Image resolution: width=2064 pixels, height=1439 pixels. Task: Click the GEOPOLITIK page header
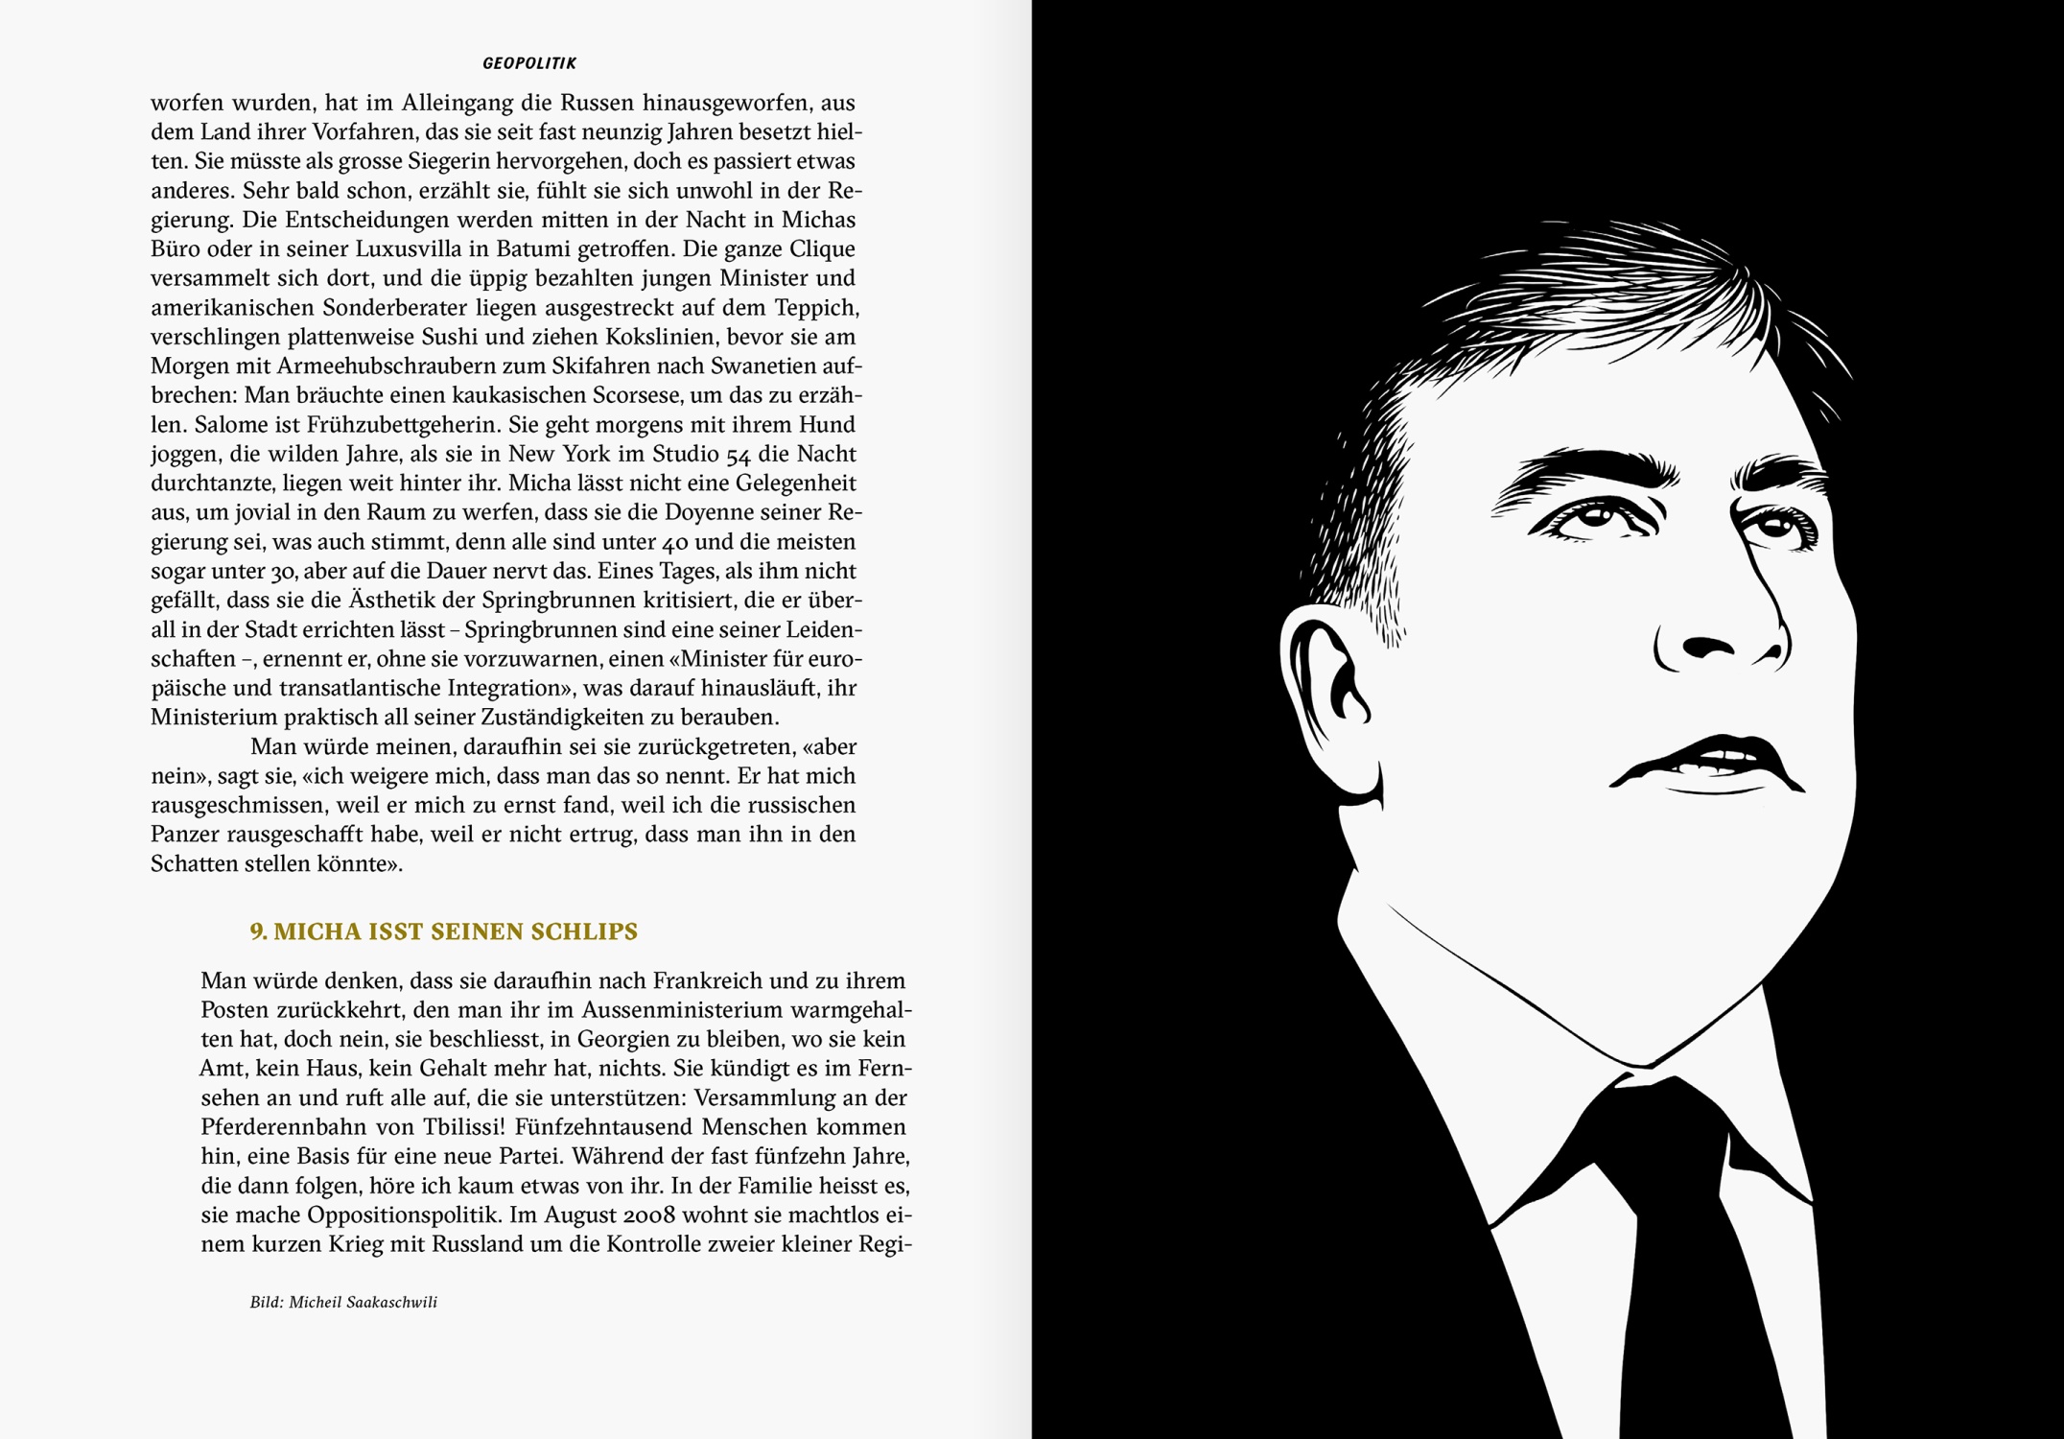pyautogui.click(x=529, y=63)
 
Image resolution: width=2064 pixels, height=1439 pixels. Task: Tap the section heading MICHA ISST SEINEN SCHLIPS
pyautogui.click(x=443, y=932)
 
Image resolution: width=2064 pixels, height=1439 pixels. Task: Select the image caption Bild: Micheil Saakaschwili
pyautogui.click(x=343, y=1302)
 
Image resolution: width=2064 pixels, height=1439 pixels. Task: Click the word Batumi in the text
pyautogui.click(x=531, y=249)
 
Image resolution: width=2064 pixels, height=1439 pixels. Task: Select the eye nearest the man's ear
pyautogui.click(x=1594, y=518)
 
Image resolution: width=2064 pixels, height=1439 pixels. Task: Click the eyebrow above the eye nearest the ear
pyautogui.click(x=1587, y=470)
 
